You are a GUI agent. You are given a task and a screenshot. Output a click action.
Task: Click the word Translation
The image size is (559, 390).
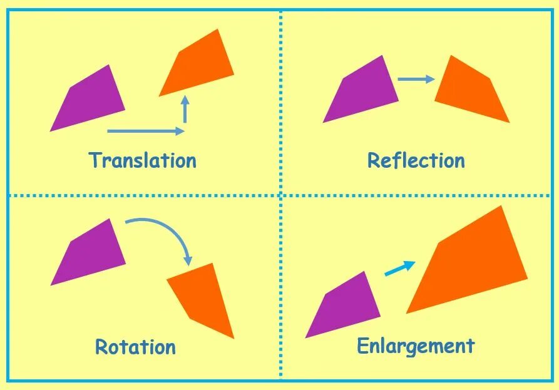pyautogui.click(x=143, y=160)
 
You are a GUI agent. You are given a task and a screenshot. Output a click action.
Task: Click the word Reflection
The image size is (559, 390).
pyautogui.click(x=416, y=160)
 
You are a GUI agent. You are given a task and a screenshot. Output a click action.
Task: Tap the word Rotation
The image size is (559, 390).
pyautogui.click(x=135, y=346)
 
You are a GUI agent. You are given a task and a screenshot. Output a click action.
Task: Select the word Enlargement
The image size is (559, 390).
pyautogui.click(x=416, y=346)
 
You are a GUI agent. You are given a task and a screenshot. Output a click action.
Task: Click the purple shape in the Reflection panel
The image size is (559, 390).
pyautogui.click(x=363, y=91)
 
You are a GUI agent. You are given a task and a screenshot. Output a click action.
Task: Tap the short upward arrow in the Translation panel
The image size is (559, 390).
pyautogui.click(x=185, y=110)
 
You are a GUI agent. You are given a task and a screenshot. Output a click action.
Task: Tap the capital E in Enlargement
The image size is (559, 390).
pyautogui.click(x=364, y=346)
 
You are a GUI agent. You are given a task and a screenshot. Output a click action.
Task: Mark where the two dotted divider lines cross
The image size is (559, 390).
pyautogui.click(x=280, y=196)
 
